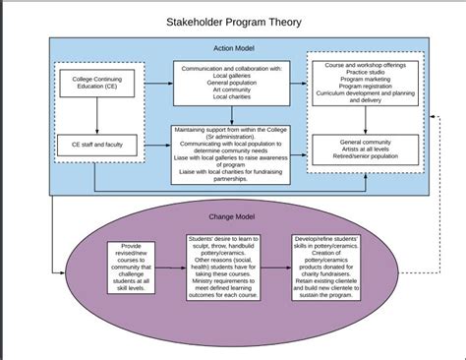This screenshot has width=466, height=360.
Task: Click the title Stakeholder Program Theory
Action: pos(233,22)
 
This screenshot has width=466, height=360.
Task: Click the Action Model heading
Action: pos(233,48)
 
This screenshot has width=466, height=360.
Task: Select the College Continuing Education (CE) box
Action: pos(96,84)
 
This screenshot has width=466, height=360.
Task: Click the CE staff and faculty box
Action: pos(96,143)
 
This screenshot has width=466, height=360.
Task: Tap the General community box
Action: pos(371,150)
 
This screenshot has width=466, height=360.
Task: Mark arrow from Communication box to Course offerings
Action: pos(300,84)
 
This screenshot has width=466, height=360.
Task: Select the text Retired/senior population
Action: pos(371,157)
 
